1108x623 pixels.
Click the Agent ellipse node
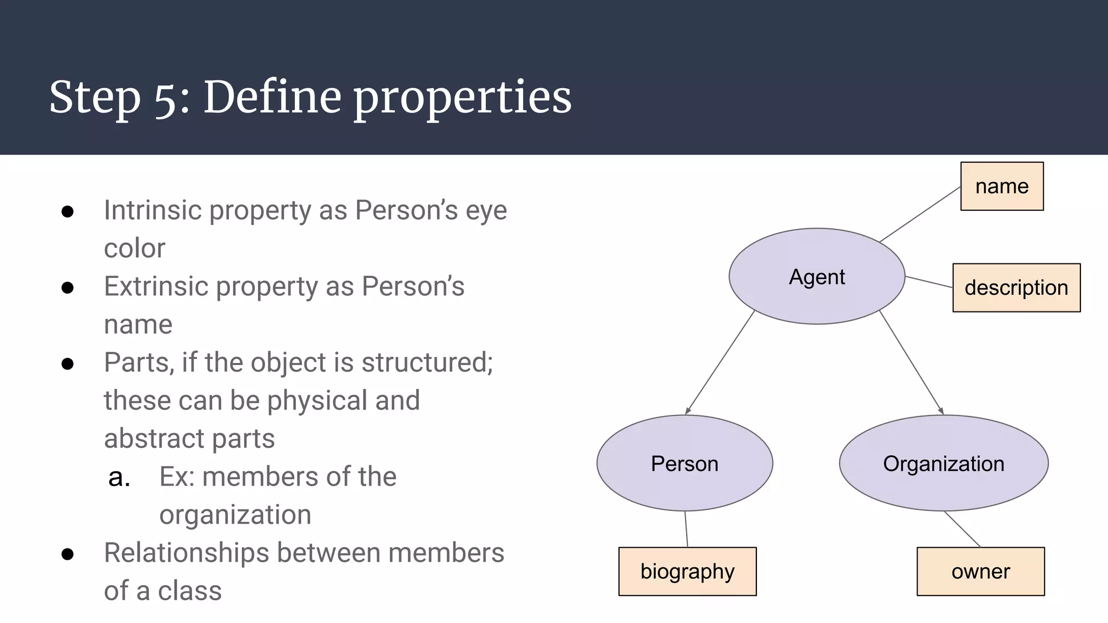816,276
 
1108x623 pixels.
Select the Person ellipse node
684,463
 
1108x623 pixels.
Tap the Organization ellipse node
944,463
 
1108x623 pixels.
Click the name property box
1001,186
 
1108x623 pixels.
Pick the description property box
1016,288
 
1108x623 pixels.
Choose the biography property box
687,571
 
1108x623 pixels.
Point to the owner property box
980,571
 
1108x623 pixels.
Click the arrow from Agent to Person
720,362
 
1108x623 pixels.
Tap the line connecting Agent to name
920,214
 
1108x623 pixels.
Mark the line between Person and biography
686,529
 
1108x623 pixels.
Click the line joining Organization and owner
962,529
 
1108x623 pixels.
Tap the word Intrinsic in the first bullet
153,210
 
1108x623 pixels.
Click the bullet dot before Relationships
68,554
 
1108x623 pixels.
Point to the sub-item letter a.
119,477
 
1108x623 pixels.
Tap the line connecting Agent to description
928,282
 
